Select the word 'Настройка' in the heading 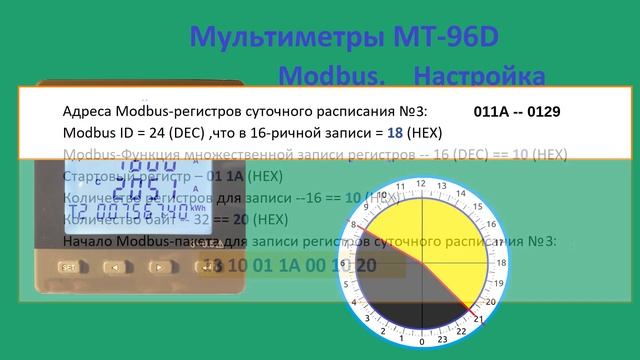[x=480, y=76]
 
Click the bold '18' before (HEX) [x=398, y=132]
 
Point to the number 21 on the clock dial [x=479, y=319]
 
